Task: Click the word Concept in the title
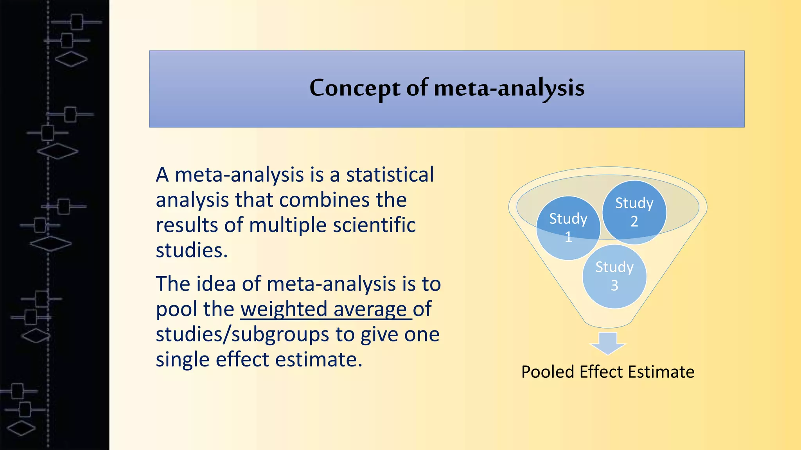click(x=354, y=88)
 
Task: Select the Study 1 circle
click(x=568, y=228)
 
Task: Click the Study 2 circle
click(x=634, y=212)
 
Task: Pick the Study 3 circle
click(x=614, y=276)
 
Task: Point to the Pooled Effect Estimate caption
click(x=608, y=372)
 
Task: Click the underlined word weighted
click(x=284, y=309)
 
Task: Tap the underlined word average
click(x=370, y=309)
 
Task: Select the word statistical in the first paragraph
click(x=390, y=175)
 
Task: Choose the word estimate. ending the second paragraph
click(x=319, y=360)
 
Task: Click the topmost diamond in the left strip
click(x=71, y=59)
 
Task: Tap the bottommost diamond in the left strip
click(x=22, y=428)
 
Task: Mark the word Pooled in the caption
click(x=548, y=372)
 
